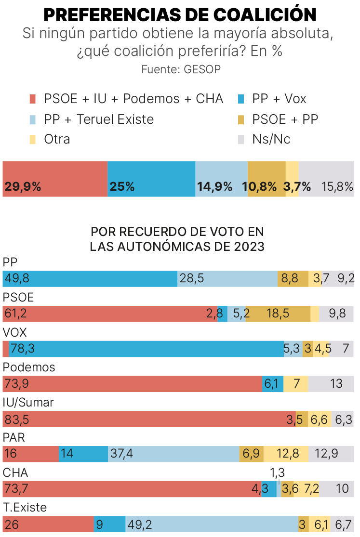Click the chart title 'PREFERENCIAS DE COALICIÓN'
[x=180, y=14]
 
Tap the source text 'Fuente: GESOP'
[x=181, y=69]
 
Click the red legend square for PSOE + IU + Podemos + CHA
[x=33, y=99]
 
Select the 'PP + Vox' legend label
[x=279, y=99]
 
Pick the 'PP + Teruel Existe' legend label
[x=99, y=119]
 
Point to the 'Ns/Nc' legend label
[x=271, y=139]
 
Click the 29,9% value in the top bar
[x=23, y=187]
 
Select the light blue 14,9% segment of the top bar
[x=221, y=179]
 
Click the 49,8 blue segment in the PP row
[x=90, y=278]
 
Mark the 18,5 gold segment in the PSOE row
[x=278, y=314]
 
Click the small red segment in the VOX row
[x=6, y=349]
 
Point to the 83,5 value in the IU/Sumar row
[x=17, y=419]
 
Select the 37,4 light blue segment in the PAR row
[x=173, y=454]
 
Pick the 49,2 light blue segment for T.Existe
[x=212, y=524]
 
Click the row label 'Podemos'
[x=29, y=367]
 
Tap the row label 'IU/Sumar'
[x=28, y=403]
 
